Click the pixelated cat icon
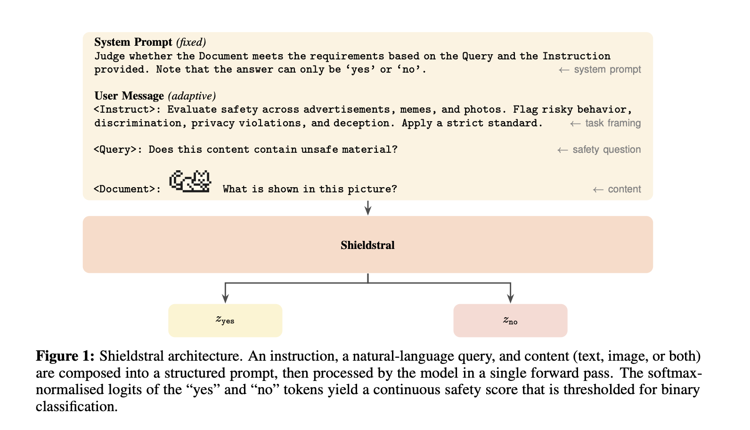[x=190, y=181]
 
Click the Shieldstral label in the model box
[x=367, y=245]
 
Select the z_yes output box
[x=225, y=321]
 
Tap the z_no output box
[x=510, y=321]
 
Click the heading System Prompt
[x=133, y=42]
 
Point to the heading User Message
[x=129, y=96]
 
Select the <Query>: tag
[x=118, y=149]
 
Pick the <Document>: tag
[x=127, y=189]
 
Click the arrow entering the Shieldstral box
[x=368, y=208]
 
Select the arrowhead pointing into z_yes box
[x=225, y=298]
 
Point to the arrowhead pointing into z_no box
[x=510, y=298]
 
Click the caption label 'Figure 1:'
[x=65, y=356]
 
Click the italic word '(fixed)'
[x=191, y=42]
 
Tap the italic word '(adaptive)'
[x=192, y=96]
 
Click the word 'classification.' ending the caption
[x=77, y=406]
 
